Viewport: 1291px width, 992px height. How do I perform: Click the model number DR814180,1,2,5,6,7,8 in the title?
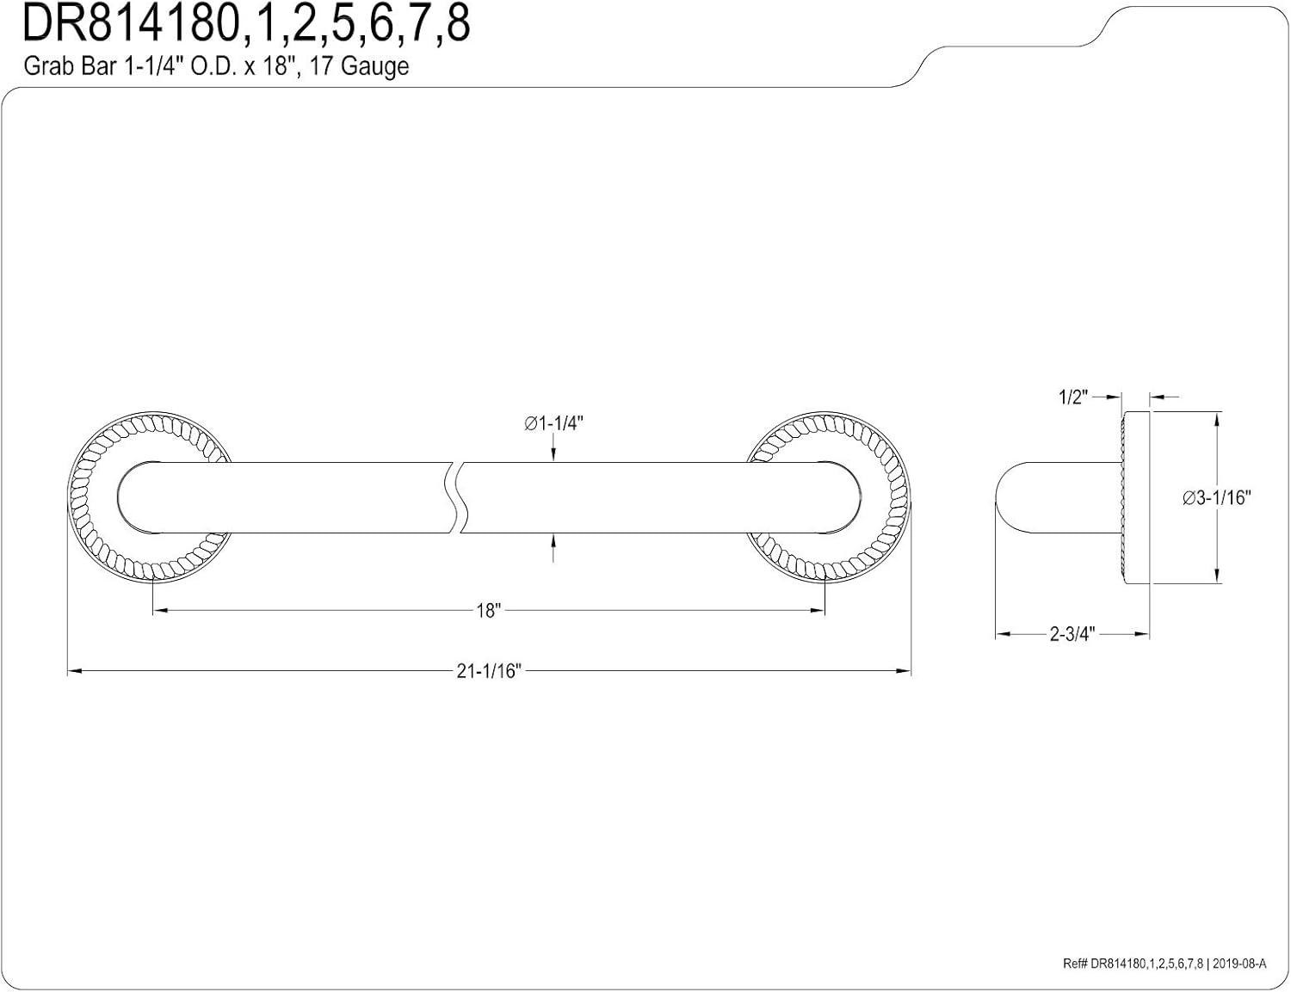point(245,24)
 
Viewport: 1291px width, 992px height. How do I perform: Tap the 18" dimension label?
point(488,611)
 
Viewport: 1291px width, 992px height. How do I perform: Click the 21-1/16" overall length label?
point(489,671)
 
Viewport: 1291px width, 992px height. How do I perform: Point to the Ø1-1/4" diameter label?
point(554,423)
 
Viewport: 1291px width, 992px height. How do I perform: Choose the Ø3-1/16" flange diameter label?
point(1216,497)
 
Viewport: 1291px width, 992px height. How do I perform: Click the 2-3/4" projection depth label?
point(1072,635)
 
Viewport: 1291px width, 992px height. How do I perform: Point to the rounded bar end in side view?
point(1007,498)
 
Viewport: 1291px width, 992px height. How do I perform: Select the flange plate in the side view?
point(1136,498)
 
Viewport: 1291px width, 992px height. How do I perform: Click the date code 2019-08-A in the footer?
point(1239,964)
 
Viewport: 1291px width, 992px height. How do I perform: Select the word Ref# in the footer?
point(1075,964)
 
